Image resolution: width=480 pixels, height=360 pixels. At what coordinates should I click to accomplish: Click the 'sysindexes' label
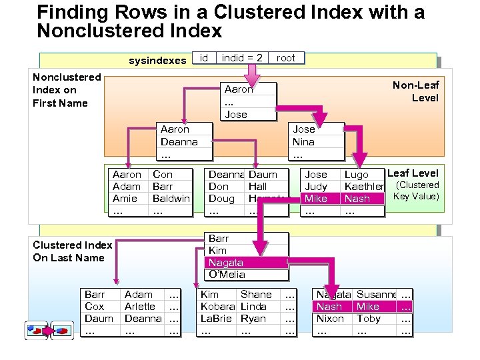coord(157,61)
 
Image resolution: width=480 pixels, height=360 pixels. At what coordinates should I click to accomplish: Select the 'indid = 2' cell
coord(242,58)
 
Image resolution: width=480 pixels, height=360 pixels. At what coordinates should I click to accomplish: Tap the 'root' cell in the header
coord(285,58)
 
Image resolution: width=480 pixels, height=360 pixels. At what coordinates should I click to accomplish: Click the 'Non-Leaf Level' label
coord(415,91)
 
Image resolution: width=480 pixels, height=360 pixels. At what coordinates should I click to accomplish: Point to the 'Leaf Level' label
coord(413,173)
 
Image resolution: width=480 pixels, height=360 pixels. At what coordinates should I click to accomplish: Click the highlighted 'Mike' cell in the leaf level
coord(316,199)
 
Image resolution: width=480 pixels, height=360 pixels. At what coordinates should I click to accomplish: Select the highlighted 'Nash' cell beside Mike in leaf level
coord(357,199)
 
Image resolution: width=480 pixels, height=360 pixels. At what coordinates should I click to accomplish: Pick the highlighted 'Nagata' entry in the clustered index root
coord(226,263)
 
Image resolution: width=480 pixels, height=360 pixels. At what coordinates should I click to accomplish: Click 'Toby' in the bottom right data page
coord(369,319)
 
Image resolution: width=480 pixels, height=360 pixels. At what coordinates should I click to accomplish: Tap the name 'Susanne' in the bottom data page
coord(377,295)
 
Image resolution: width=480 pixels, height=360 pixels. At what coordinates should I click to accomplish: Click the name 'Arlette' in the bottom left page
coord(140,307)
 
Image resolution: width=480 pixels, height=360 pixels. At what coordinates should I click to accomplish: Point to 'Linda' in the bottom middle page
coord(253,307)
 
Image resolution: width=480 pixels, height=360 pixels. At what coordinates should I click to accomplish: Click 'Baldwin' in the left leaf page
coord(171,199)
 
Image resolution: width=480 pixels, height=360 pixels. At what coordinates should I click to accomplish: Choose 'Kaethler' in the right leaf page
coord(364,187)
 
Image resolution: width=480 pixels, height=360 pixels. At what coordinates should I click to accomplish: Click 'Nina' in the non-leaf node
coord(303,142)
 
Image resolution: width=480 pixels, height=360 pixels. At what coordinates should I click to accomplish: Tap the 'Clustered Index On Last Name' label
coord(72,251)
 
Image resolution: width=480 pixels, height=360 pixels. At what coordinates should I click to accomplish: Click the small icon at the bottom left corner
coord(49,329)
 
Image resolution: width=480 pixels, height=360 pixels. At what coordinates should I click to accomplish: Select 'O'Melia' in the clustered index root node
coord(227,275)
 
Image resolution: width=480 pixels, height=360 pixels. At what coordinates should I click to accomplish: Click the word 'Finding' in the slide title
coord(73,12)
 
